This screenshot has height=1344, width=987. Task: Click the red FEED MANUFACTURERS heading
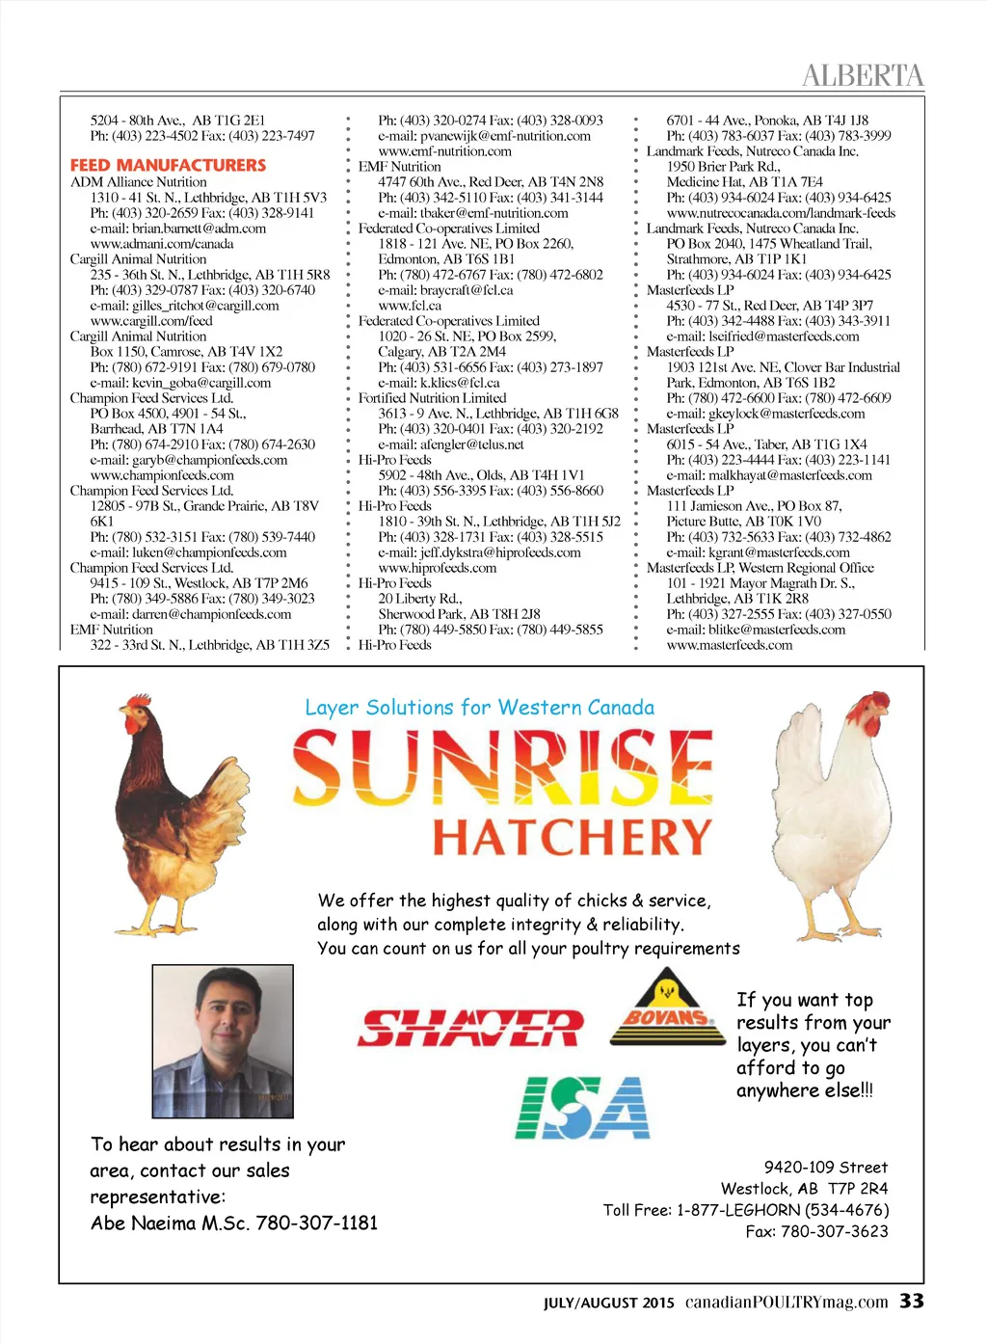[168, 166]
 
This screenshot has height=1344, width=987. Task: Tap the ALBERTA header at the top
[862, 75]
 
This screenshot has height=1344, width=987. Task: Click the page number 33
[912, 1301]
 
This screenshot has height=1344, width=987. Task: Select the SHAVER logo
[470, 1028]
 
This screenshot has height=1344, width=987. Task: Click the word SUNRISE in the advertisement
[502, 768]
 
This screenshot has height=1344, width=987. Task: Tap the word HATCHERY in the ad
[572, 838]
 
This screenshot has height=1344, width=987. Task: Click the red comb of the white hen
[878, 703]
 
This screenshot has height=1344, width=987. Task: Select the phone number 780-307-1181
[317, 1223]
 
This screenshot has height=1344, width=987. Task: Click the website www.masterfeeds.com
[730, 645]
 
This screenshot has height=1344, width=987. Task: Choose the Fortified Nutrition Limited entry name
[432, 398]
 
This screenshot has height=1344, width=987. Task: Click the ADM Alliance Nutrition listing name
[138, 182]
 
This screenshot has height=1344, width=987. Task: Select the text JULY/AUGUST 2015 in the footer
[609, 1303]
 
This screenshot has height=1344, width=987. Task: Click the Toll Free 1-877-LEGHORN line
[745, 1210]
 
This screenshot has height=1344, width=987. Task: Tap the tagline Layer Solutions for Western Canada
[479, 708]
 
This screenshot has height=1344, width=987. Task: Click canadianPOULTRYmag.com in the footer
[787, 1302]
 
